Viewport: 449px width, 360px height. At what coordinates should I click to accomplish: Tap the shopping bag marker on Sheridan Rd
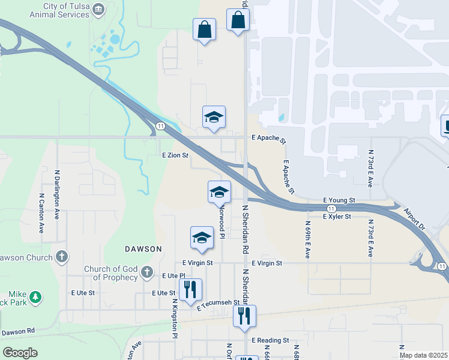point(238,20)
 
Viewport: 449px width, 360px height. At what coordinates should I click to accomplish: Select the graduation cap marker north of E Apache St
point(214,117)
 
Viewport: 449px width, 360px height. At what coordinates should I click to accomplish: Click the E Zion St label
point(175,155)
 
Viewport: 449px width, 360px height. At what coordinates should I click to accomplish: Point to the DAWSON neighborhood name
point(143,248)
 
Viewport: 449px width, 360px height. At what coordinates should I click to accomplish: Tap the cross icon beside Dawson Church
point(61,257)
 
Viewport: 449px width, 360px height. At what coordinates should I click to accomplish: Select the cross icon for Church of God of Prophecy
point(146,274)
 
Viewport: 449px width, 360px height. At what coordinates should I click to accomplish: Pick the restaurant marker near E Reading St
point(244,316)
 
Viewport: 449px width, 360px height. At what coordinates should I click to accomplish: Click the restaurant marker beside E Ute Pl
point(190,290)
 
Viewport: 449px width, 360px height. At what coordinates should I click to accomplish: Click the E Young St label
point(339,199)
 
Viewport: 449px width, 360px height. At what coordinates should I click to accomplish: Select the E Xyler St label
point(337,217)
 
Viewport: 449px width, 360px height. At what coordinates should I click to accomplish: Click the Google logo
point(20,353)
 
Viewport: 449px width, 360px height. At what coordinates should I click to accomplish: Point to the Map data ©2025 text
point(423,355)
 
